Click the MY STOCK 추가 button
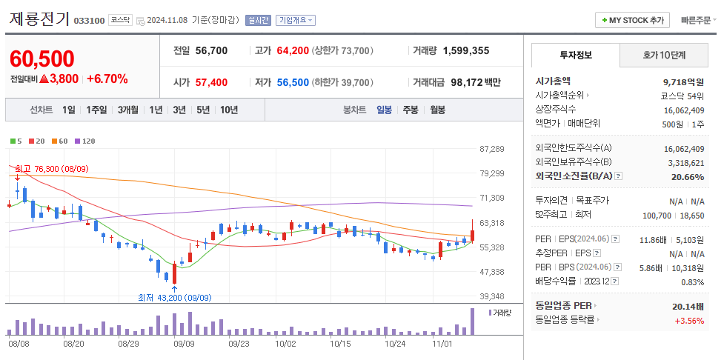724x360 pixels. point(632,20)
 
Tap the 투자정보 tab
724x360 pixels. point(575,55)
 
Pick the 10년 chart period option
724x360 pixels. point(229,110)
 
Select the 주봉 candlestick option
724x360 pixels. point(411,110)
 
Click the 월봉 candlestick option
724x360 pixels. point(438,110)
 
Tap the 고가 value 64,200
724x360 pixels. point(292,51)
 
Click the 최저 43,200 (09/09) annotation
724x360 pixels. point(174,298)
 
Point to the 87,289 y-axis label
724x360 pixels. point(492,149)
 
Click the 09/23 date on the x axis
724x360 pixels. point(239,344)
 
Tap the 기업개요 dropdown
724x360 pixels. point(296,21)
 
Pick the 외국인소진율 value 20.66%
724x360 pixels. point(688,177)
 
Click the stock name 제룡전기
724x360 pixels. point(39,19)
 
